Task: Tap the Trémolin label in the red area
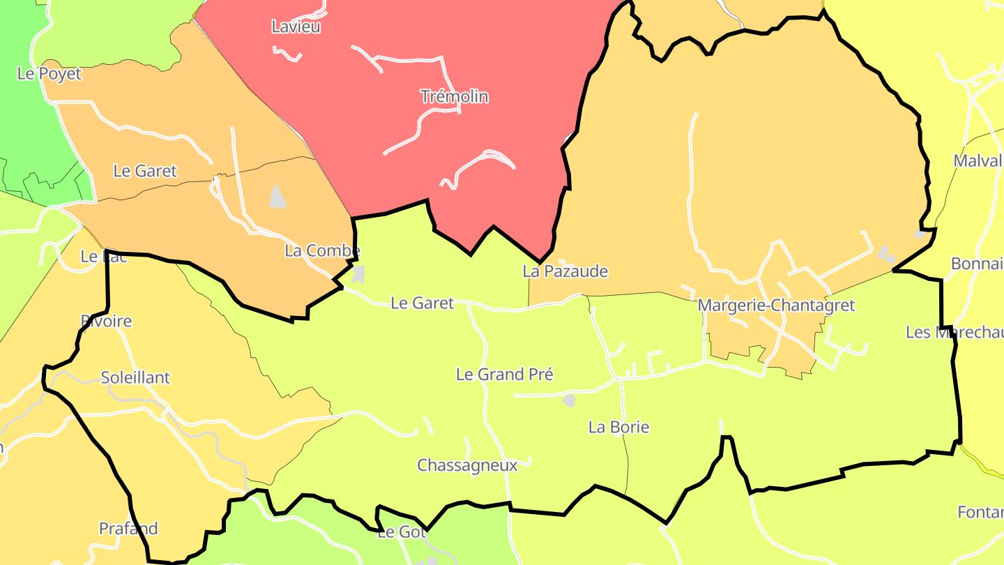click(454, 96)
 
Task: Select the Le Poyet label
click(50, 74)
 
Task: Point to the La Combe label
click(322, 251)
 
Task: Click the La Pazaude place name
click(565, 271)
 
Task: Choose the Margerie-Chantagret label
click(776, 306)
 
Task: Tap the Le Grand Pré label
click(505, 375)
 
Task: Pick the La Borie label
click(619, 428)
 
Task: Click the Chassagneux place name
click(467, 465)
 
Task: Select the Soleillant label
click(135, 378)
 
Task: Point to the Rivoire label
click(106, 322)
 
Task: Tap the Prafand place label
click(128, 529)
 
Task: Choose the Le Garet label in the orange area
click(145, 171)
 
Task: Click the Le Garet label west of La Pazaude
click(423, 303)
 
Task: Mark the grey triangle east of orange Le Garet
click(277, 197)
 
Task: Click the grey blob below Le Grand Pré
click(569, 400)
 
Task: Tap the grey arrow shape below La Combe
click(358, 273)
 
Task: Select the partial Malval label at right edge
click(978, 161)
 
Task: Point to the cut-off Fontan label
click(980, 513)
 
